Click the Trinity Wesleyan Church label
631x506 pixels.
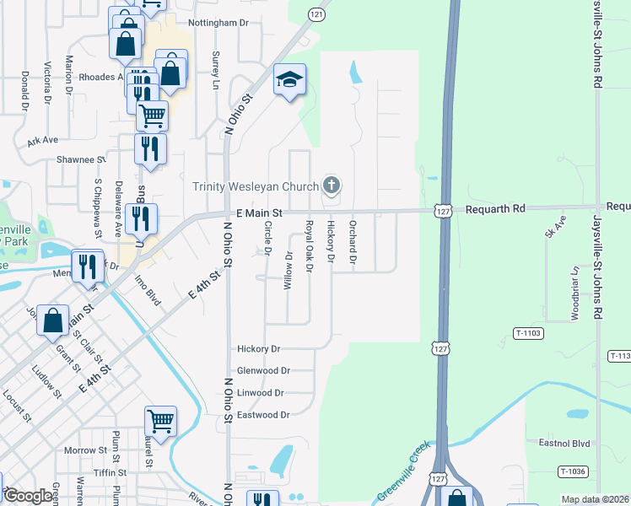coord(256,186)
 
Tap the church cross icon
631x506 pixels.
coord(332,186)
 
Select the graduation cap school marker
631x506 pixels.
coord(289,81)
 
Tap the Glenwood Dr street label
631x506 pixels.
coord(263,370)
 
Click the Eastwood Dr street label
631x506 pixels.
coord(263,415)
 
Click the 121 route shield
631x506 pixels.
coord(315,15)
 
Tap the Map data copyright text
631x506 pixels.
coord(595,499)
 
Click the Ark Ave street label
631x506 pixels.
coord(42,141)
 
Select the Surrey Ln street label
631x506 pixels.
coord(214,73)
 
